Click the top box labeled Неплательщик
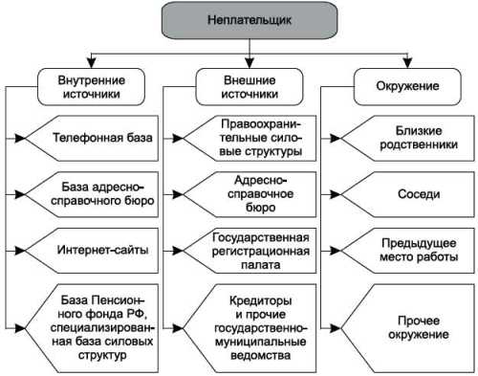[239, 18]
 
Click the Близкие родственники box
[405, 138]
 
